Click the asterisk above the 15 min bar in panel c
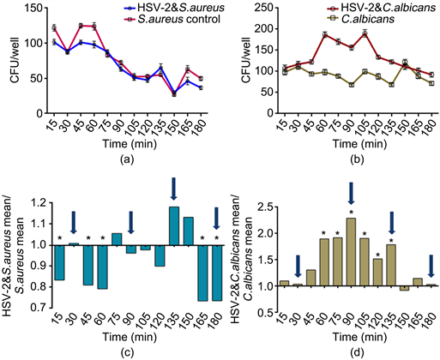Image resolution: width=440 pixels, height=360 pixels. [58, 239]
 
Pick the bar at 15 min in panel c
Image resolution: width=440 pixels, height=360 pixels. [58, 262]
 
